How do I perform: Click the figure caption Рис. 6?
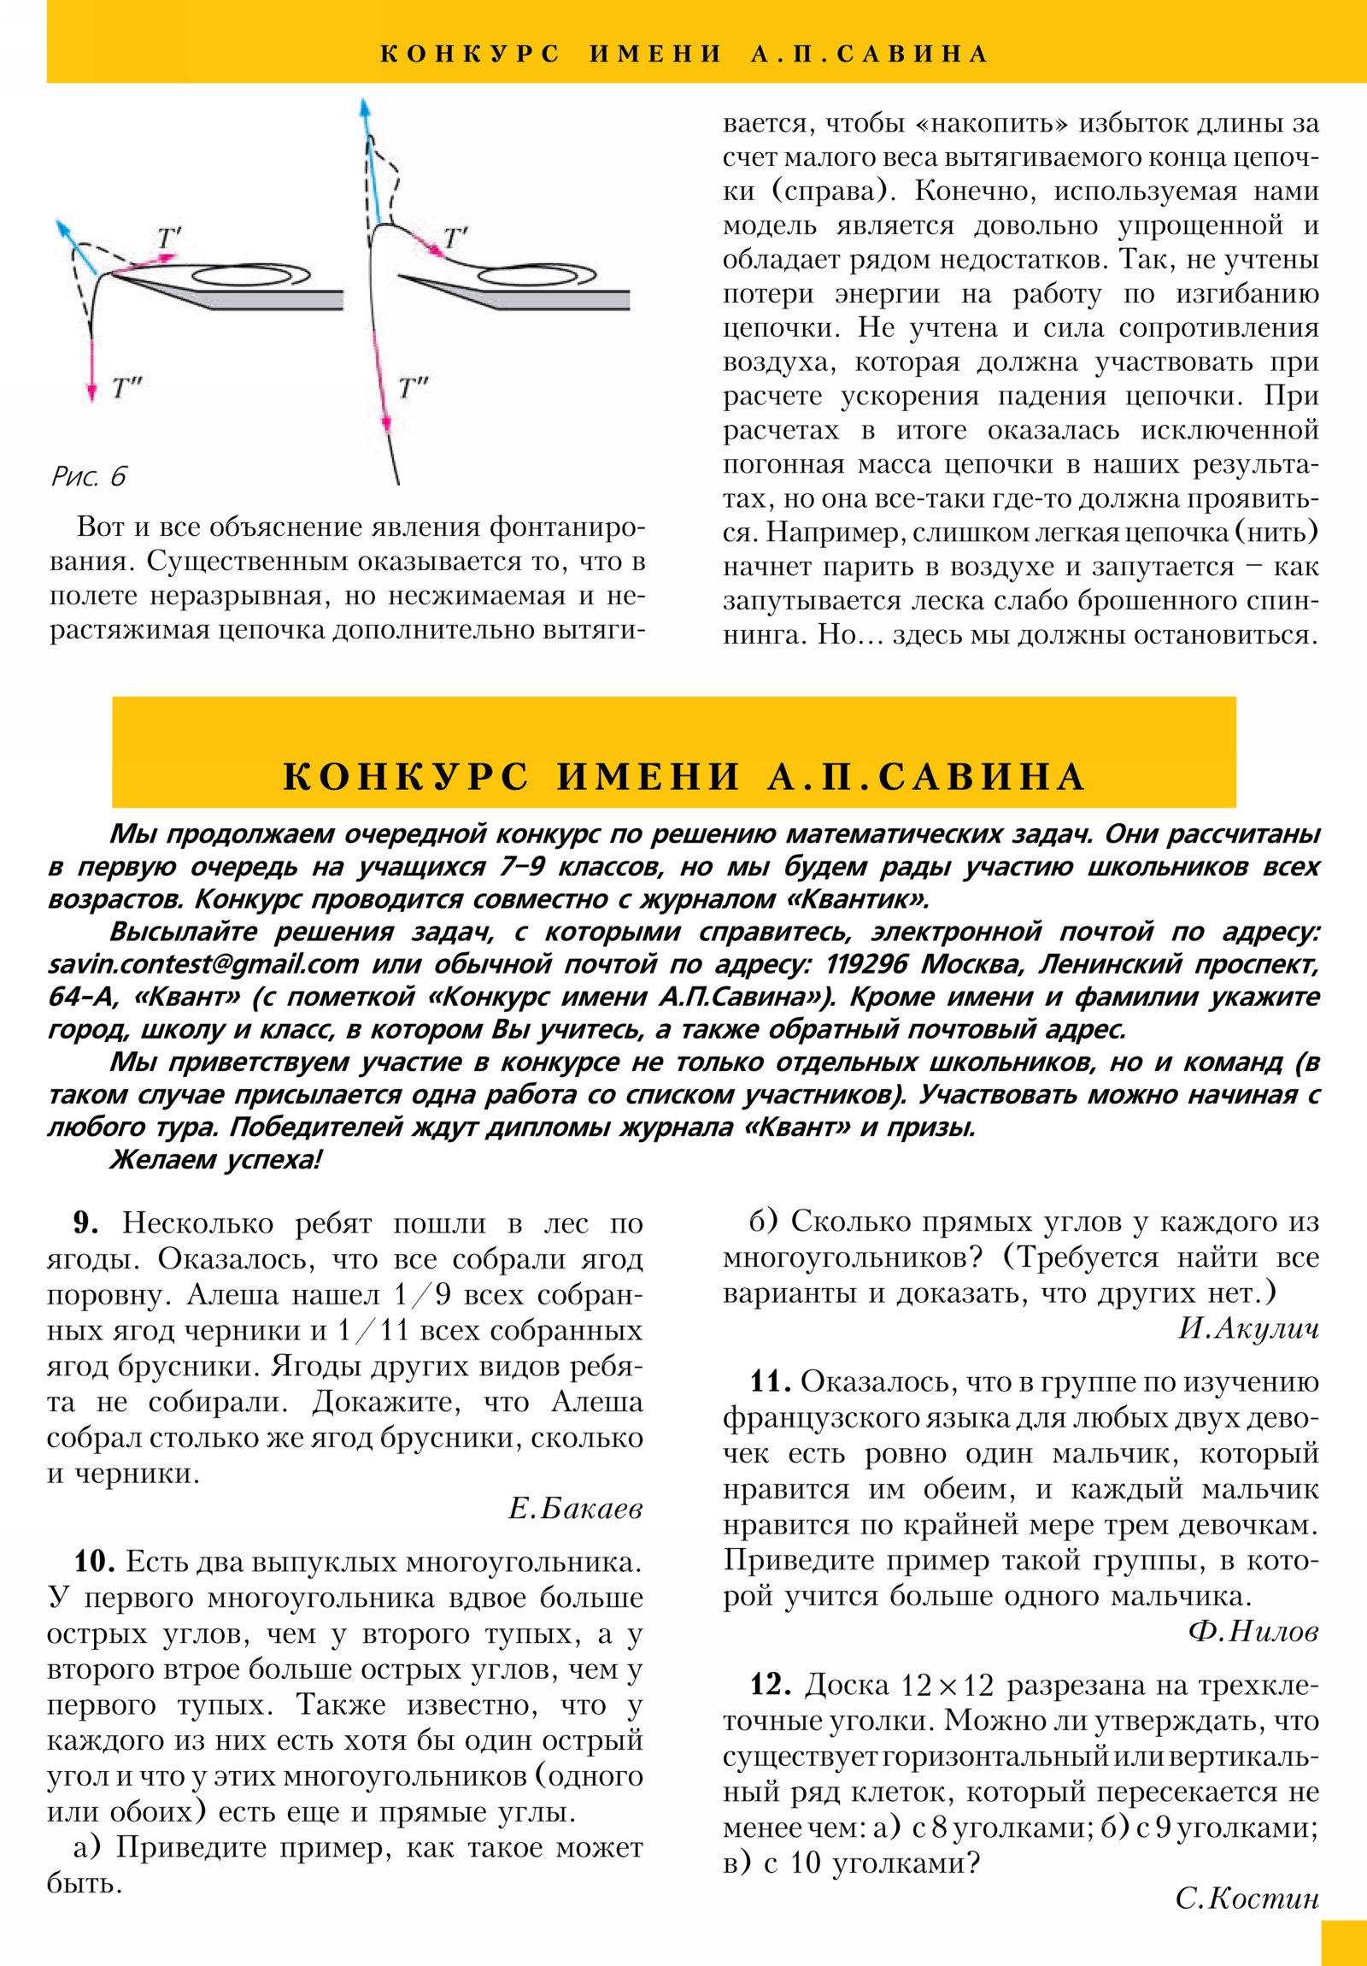pos(89,476)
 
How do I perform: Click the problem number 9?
pos(85,1223)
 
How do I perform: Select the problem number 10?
pos(94,1562)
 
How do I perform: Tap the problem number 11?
pos(771,1382)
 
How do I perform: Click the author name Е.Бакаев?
pos(575,1508)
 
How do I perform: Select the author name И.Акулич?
pos(1248,1328)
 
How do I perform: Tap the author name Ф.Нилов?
pos(1254,1632)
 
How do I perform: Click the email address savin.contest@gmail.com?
pos(203,965)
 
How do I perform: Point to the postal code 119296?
pos(865,965)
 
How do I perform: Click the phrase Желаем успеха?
pos(215,1160)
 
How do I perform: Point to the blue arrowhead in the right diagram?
pos(365,108)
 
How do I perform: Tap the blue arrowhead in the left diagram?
pos(62,227)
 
